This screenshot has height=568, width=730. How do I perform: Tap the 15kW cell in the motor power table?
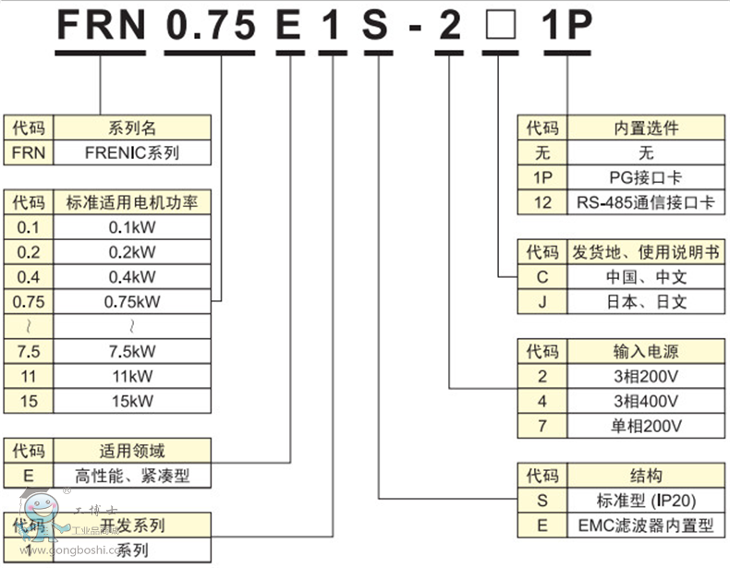pyautogui.click(x=133, y=401)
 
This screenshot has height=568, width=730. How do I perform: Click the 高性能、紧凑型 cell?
pyautogui.click(x=133, y=477)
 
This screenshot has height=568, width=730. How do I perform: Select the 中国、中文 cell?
pyautogui.click(x=643, y=276)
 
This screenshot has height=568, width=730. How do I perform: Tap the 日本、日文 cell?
pyautogui.click(x=643, y=301)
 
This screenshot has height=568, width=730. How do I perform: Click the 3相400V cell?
pyautogui.click(x=645, y=401)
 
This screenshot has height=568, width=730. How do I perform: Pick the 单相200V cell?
pyautogui.click(x=645, y=426)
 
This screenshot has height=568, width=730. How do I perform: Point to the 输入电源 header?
pyautogui.click(x=645, y=351)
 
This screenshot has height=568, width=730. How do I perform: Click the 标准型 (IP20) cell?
pyautogui.click(x=645, y=501)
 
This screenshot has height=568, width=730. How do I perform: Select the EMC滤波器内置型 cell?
pyautogui.click(x=645, y=526)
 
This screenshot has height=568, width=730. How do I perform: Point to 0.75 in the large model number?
pyautogui.click(x=211, y=25)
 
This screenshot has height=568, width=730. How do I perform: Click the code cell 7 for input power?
pyautogui.click(x=542, y=426)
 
